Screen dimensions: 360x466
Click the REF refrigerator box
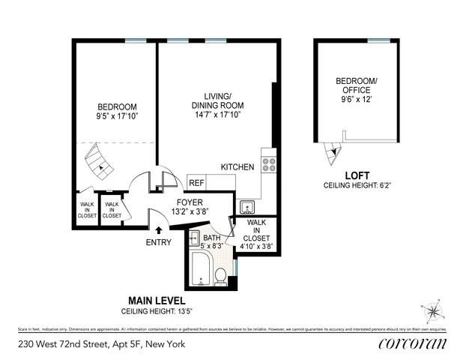click(196, 182)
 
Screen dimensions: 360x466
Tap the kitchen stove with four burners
click(269, 165)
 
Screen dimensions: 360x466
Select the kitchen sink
click(246, 207)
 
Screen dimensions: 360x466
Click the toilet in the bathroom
click(221, 278)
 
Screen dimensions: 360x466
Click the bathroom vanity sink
click(193, 241)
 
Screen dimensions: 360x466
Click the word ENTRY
click(159, 242)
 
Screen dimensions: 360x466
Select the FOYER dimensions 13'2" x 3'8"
click(187, 212)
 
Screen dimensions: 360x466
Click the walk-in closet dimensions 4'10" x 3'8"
click(257, 245)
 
